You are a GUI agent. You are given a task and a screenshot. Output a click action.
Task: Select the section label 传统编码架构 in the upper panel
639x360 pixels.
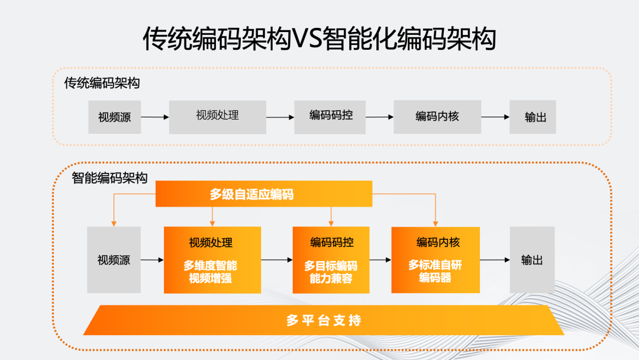coord(102,83)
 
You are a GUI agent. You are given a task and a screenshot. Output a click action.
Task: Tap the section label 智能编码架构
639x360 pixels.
coord(109,178)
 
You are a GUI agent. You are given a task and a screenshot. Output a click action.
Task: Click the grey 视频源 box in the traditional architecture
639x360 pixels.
coord(114,117)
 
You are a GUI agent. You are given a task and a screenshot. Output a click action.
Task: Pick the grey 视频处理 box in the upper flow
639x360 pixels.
coord(217,117)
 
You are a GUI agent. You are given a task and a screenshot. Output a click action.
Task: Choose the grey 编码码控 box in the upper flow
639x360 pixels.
coord(330,117)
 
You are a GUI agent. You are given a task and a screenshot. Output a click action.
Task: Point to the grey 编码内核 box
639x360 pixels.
coord(437,117)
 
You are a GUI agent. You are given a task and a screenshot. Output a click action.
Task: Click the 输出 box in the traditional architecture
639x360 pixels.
coord(535,117)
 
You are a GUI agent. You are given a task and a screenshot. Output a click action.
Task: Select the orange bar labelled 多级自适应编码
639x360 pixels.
coord(263,194)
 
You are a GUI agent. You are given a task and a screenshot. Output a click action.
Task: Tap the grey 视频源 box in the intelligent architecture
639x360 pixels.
coord(114,260)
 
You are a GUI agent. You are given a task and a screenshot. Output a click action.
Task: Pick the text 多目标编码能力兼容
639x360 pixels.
coord(331,272)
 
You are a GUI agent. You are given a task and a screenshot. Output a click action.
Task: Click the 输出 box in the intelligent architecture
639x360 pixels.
coord(532,260)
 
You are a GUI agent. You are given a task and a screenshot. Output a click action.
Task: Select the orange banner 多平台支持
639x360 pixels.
coord(323,320)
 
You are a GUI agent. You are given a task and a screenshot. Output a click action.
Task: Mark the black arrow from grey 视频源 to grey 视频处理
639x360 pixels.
coord(154,117)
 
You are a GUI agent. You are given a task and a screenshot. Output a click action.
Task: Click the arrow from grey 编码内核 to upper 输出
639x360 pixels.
coord(495,117)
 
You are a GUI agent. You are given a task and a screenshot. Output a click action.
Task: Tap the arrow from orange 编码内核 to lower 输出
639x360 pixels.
coord(494,260)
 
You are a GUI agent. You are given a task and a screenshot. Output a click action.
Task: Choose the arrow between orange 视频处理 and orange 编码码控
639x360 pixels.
coord(276,260)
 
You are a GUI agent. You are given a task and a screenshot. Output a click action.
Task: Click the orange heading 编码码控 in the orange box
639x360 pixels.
coord(331,242)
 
